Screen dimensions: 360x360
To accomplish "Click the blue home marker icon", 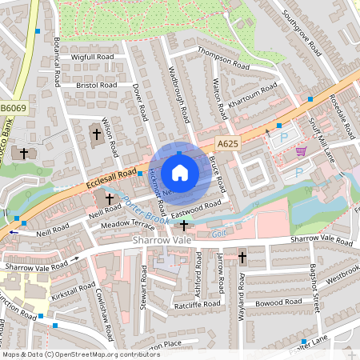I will [180, 173].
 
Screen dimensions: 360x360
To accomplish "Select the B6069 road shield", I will [14, 107].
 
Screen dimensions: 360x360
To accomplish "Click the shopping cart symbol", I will [301, 150].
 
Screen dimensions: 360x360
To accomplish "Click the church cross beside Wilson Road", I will [97, 134].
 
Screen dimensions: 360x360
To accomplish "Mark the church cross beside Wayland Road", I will [242, 258].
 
